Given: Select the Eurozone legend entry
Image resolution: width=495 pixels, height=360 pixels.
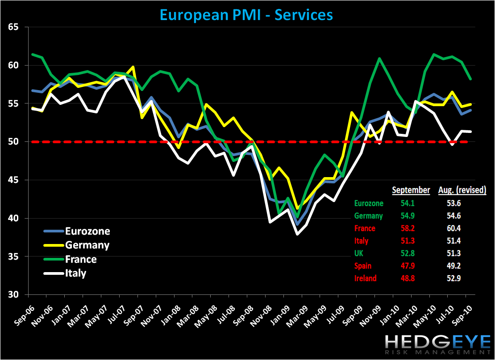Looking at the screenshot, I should tap(87, 231).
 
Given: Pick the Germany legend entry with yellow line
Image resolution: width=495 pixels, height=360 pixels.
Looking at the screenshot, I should tap(87, 245).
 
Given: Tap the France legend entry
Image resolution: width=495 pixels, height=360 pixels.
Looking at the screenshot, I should tap(81, 259).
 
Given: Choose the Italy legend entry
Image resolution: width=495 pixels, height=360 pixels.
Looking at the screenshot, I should tap(75, 273).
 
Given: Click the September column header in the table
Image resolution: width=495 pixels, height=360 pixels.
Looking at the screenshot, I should tap(411, 190).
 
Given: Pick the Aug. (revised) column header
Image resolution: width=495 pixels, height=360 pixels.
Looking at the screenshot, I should tap(462, 190).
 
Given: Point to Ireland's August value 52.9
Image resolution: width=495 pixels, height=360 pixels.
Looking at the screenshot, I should tap(462, 278).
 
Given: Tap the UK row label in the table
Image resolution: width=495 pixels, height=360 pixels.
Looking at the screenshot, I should tap(359, 253).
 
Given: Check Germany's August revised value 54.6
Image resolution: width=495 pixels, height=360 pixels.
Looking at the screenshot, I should tap(462, 216).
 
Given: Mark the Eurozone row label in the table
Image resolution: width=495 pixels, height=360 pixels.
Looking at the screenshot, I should tap(369, 203).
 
